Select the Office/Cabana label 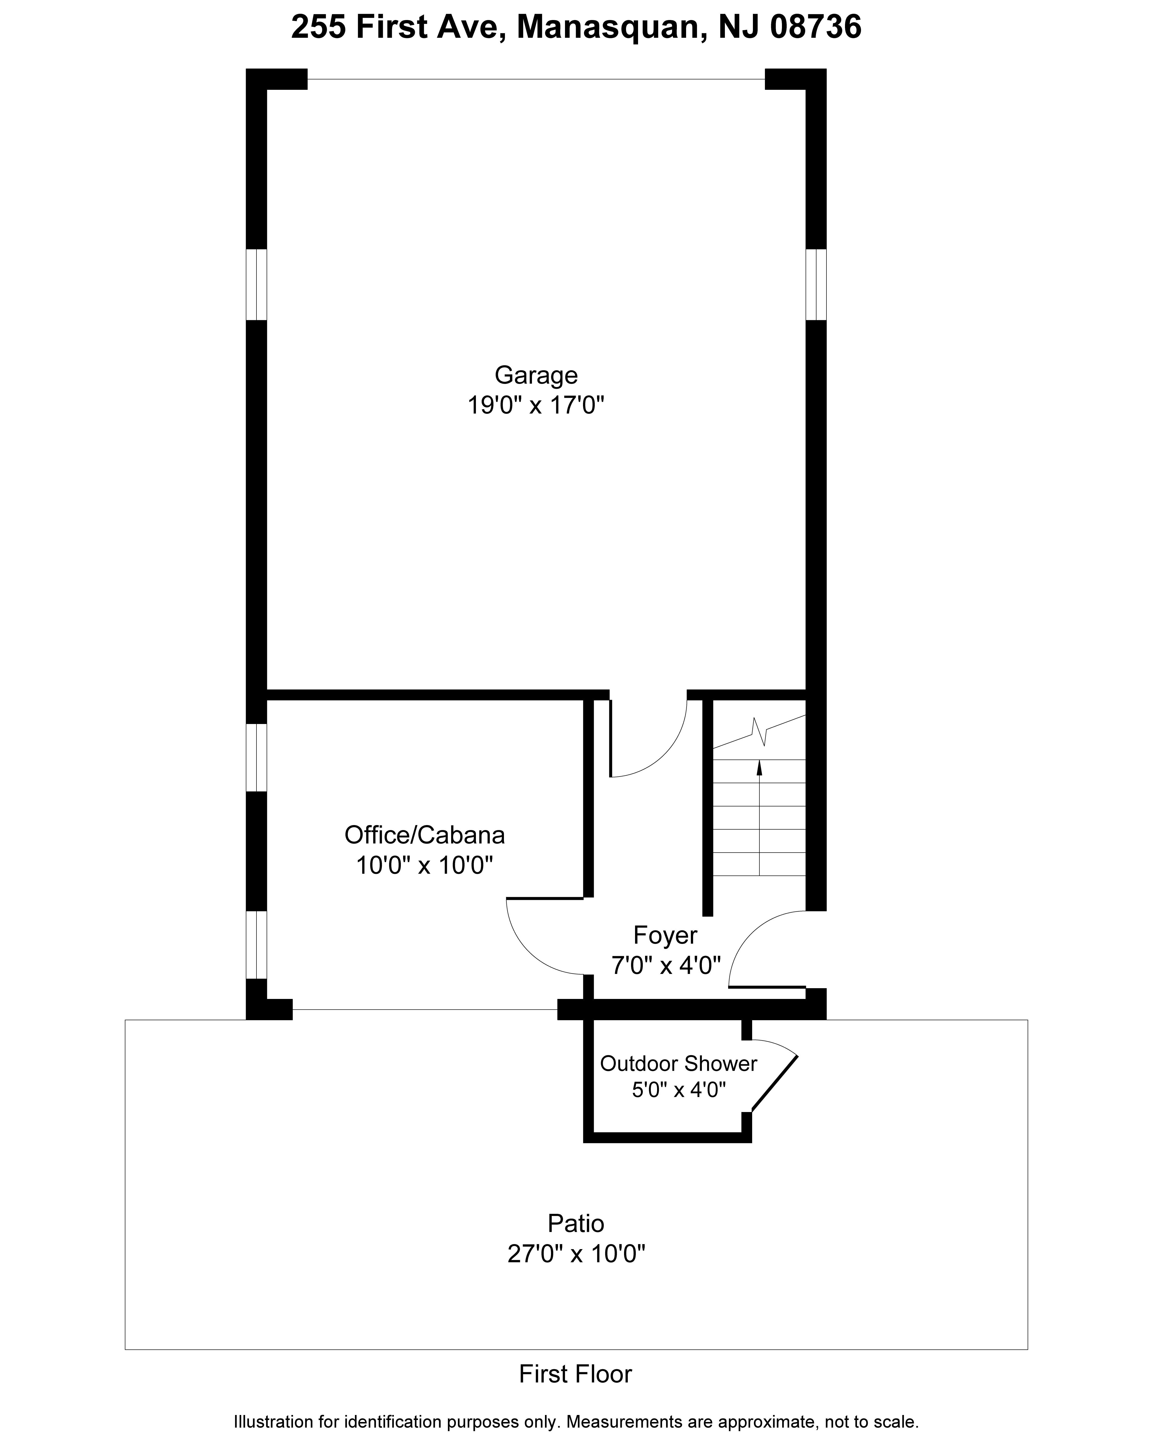(x=424, y=836)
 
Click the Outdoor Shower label (x=678, y=1063)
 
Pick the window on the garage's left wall (x=257, y=285)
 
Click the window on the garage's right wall (x=816, y=285)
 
